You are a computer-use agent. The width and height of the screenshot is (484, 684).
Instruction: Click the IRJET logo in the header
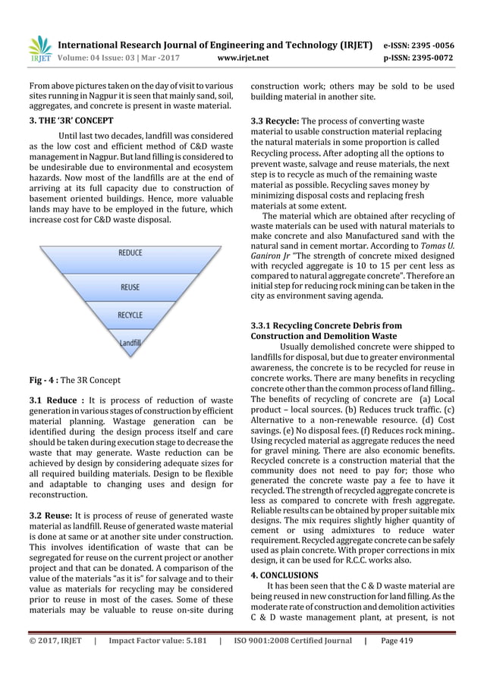39,47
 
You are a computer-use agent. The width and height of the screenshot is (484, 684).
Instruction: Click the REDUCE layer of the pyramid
130,253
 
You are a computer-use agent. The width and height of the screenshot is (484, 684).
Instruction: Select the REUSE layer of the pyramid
130,287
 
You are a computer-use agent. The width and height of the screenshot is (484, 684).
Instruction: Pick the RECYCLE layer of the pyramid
130,315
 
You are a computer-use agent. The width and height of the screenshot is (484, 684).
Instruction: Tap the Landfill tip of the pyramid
130,343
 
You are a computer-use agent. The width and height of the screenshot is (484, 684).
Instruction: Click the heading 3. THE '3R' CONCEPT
71,121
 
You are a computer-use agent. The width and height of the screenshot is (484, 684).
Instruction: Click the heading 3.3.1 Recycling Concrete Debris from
327,325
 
